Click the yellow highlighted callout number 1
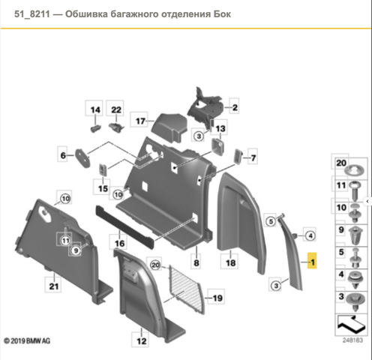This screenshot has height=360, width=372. [312, 261]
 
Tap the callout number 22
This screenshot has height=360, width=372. [116, 109]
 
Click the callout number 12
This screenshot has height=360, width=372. [142, 340]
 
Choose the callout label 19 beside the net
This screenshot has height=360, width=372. [217, 297]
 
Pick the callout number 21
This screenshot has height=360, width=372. [54, 285]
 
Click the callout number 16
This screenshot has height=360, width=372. [119, 242]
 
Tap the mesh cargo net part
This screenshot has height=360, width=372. [187, 289]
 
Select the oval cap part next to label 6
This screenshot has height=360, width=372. [83, 158]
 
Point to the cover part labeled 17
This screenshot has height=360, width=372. [169, 128]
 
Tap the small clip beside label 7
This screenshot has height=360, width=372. [238, 156]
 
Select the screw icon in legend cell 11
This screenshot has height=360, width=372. [355, 190]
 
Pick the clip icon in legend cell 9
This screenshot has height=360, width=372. [355, 235]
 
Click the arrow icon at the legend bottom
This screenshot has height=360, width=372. [351, 324]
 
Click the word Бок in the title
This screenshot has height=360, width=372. [222, 14]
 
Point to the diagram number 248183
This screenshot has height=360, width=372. [352, 340]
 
